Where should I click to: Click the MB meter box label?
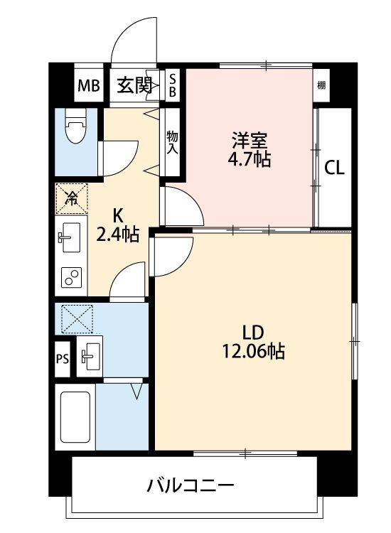pos(88,85)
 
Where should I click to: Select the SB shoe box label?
pos(173,85)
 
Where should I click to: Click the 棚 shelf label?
pos(321,85)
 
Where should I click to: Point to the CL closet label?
pos(334,168)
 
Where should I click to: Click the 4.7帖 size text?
pos(250,159)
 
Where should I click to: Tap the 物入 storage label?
pos(172,142)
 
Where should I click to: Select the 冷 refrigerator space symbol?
pos(72,198)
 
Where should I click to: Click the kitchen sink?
pos(70,237)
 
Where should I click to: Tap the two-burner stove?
pos(71,277)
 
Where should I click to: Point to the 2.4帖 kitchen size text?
pos(117,235)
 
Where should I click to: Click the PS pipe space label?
pos(63,359)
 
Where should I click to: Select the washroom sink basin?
pos(90,356)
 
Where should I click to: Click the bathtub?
pos(75,417)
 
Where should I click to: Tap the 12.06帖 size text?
pos(253,351)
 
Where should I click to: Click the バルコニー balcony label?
pos(191,485)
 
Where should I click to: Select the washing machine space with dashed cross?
pos(77,319)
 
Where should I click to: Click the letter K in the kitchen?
pos(117,215)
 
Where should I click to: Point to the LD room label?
pos(253,333)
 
